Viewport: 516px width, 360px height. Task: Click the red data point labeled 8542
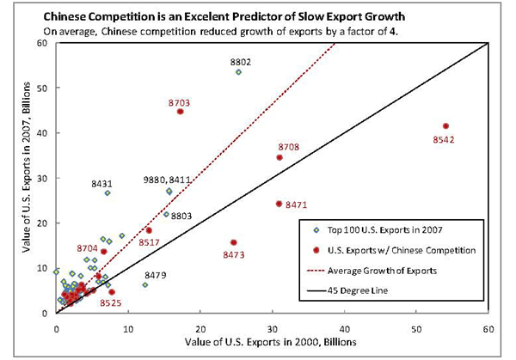445,126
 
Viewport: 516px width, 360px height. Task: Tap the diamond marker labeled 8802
238,72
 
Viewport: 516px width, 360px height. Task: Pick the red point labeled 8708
279,157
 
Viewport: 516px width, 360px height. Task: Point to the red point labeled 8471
279,204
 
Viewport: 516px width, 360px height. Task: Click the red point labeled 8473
234,242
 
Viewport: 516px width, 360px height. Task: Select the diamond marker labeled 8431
107,193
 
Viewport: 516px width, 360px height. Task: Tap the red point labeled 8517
149,230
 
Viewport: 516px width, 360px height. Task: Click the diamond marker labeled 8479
144,284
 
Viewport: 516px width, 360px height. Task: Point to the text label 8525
110,303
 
